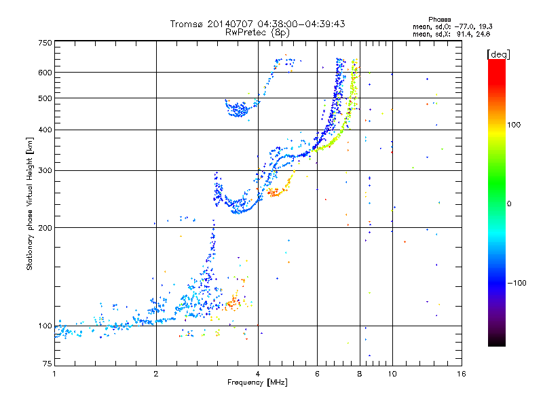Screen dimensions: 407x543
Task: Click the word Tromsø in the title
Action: (x=185, y=24)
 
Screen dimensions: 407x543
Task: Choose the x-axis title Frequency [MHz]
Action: (x=258, y=383)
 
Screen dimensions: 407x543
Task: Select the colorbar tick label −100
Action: (x=519, y=283)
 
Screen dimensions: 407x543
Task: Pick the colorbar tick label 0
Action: (x=510, y=204)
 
